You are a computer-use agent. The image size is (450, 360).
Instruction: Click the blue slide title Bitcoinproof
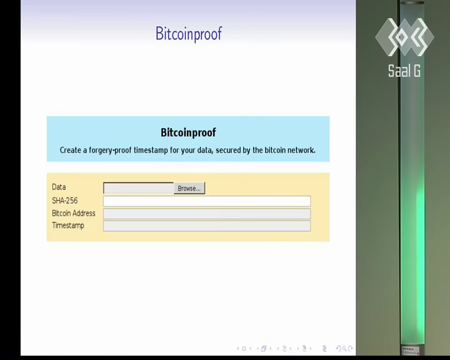coord(189,34)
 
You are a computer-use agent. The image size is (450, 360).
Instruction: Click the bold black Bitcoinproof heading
coord(188,132)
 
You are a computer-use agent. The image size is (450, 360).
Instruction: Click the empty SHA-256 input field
coord(207,201)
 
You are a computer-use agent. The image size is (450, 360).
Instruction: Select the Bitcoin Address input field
coord(207,214)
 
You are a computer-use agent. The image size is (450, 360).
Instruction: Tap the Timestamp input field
coord(207,226)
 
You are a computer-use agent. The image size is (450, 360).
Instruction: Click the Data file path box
coord(138,188)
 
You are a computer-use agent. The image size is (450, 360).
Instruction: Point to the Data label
coord(59,187)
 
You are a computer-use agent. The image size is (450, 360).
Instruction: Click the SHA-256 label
coord(65,201)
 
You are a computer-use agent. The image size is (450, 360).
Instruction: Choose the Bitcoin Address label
coord(74,213)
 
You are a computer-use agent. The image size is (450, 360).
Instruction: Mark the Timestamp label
coord(68,226)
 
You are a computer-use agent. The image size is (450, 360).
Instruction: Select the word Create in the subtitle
coord(70,150)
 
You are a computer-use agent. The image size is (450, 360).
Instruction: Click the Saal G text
coord(404,71)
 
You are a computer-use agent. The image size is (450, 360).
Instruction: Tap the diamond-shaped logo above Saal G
coord(404,37)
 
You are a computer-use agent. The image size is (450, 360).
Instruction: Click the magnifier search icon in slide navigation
coord(344,349)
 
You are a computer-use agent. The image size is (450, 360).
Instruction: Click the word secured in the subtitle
coord(228,150)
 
